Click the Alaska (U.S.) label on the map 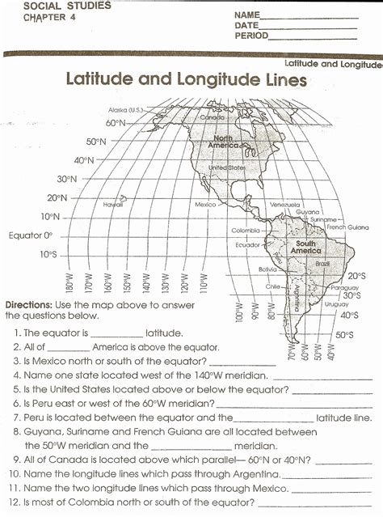tap(125, 109)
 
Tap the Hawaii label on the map tap(113, 205)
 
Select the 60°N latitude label tap(116, 123)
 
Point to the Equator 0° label tap(31, 235)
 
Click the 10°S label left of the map tap(48, 255)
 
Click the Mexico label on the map tap(206, 205)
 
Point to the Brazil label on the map tap(322, 264)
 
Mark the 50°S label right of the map tap(345, 334)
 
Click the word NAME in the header tap(247, 15)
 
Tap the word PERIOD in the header tap(251, 36)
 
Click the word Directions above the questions tap(29, 305)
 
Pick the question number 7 tap(17, 417)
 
